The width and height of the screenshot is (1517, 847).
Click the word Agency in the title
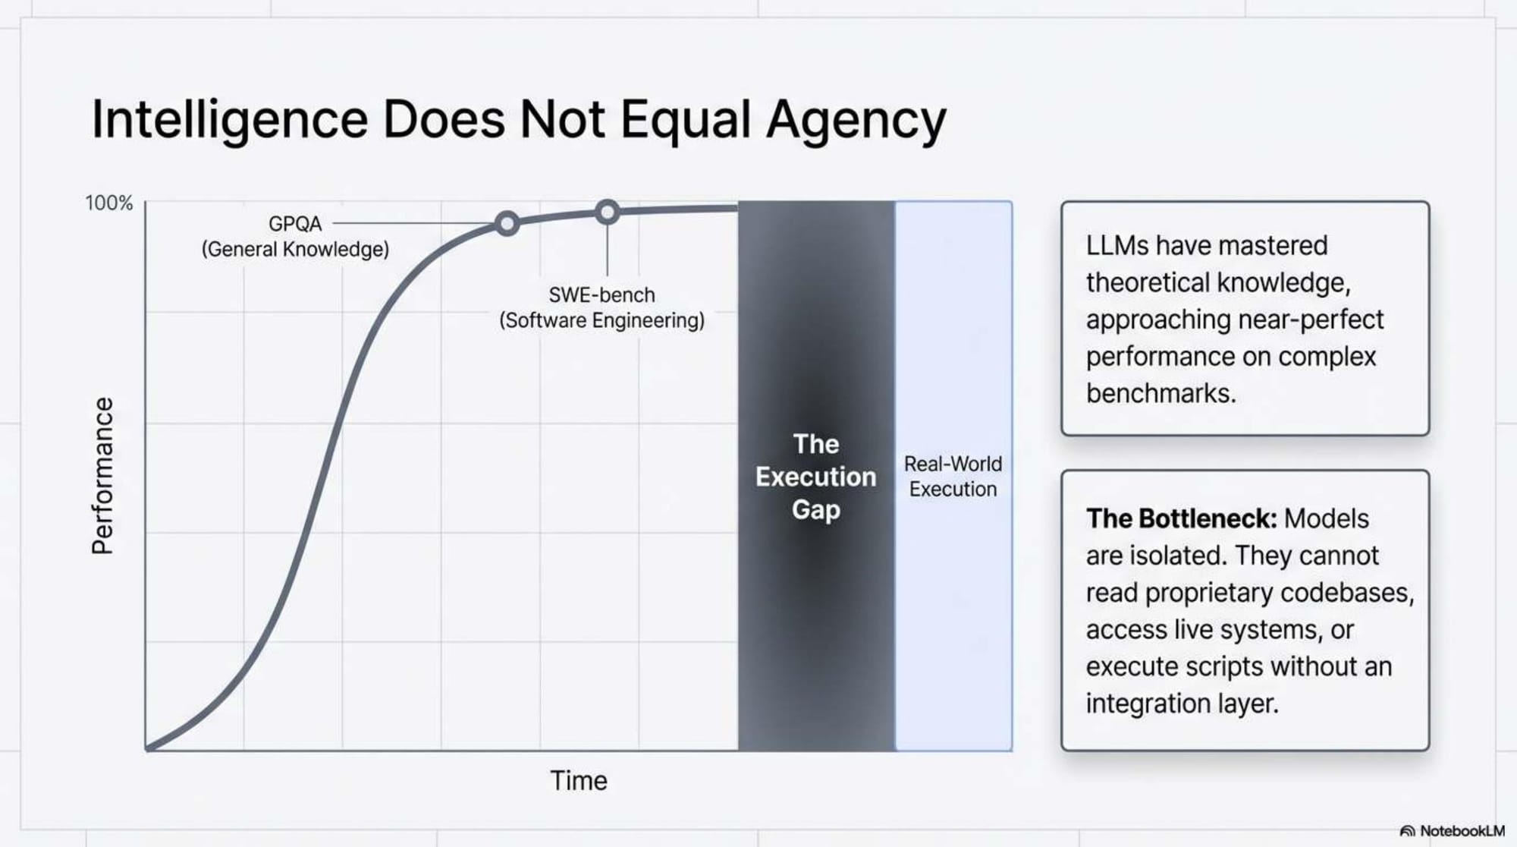856,120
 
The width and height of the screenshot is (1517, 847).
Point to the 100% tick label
108,203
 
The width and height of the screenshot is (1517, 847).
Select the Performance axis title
102,476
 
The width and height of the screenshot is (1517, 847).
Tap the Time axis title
579,780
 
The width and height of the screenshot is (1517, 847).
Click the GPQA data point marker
507,223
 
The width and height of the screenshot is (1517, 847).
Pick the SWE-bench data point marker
607,212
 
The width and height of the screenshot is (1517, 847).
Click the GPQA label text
295,224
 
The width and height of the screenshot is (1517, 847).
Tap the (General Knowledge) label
295,250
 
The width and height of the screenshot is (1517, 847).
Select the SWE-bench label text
601,294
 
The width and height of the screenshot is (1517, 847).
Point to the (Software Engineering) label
601,320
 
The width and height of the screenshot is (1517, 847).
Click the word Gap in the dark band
815,509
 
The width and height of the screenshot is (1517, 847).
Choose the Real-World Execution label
953,476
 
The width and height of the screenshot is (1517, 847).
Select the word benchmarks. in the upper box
1161,393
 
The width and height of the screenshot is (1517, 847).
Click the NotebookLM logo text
1462,831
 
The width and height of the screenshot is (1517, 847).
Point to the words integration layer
1182,704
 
